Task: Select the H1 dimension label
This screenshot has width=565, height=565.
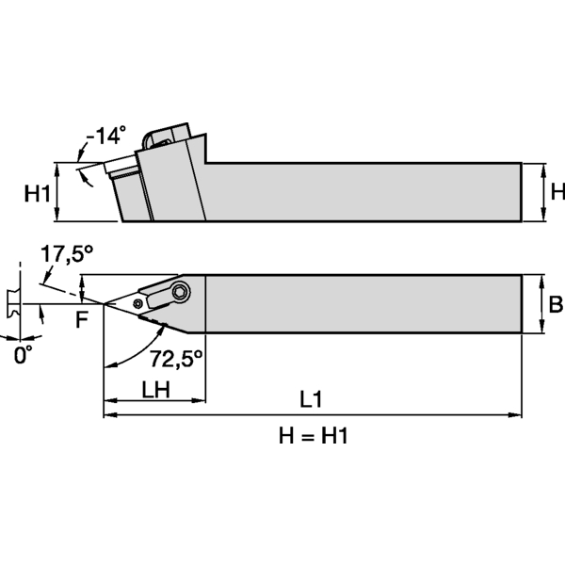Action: coord(37,195)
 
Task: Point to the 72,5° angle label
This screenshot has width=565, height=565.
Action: coord(175,358)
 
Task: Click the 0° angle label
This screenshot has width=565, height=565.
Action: coord(22,354)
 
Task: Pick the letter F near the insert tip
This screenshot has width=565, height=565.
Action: coord(82,319)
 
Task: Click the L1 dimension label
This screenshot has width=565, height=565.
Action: coord(312,399)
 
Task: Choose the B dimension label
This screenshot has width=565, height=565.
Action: coord(556,304)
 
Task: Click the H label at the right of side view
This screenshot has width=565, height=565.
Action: coord(557,192)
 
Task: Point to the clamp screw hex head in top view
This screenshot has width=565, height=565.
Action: coord(179,292)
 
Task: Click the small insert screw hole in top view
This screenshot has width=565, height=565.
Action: coord(139,303)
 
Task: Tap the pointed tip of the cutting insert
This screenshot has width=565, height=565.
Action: coord(104,304)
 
